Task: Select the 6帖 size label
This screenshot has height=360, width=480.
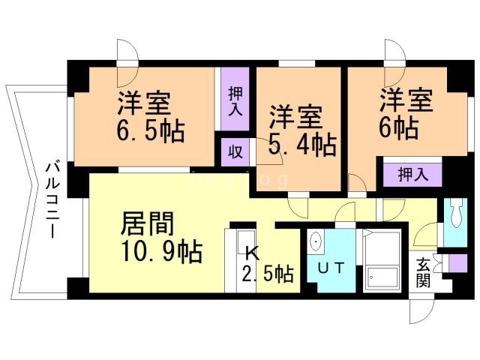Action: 397,127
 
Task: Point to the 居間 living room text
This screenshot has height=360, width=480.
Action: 148,224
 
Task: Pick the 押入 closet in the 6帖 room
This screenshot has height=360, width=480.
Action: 412,175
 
